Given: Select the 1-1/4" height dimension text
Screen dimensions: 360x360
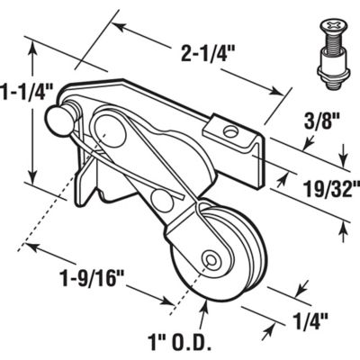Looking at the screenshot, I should (x=27, y=91).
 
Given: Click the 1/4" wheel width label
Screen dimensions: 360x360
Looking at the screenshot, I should (x=310, y=317).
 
